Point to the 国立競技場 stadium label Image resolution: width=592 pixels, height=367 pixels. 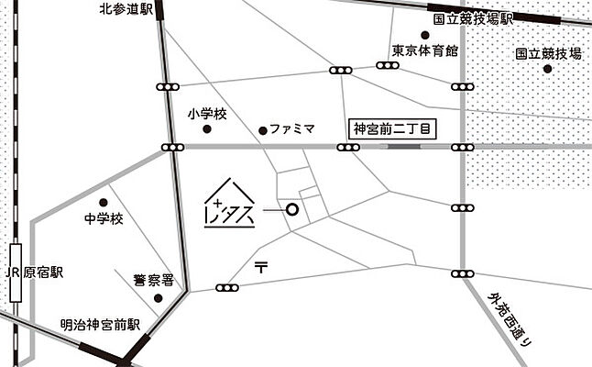coord(548,54)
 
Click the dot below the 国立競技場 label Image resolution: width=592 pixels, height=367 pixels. coord(547,69)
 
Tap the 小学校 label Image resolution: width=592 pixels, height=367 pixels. coord(206,114)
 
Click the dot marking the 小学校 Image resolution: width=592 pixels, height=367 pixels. coord(207,129)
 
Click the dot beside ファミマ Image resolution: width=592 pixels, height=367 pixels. coord(263,130)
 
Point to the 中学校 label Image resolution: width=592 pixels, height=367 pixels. coord(103,218)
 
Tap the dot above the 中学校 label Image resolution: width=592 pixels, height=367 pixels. coord(103,203)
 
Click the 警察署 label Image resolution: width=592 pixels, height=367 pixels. coord(152,280)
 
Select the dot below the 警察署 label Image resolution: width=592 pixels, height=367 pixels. coord(158,297)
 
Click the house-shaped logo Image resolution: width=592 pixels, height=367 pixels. coord(228,206)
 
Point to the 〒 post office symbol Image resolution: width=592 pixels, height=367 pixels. coord(261,267)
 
